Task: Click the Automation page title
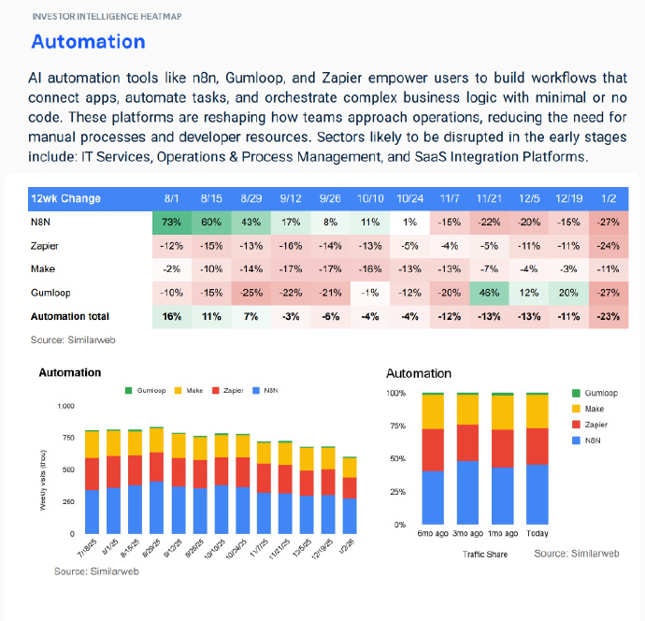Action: click(88, 41)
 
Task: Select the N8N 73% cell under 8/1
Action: click(170, 224)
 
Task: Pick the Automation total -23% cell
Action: click(608, 316)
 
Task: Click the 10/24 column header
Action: click(410, 199)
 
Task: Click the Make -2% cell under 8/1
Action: click(170, 270)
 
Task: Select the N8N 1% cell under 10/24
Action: click(410, 224)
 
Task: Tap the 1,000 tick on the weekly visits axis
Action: click(64, 406)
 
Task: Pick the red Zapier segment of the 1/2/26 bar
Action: click(349, 487)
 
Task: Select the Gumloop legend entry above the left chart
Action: click(150, 389)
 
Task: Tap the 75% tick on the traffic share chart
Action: click(396, 426)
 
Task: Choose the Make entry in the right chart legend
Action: click(595, 410)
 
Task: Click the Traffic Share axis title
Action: click(484, 554)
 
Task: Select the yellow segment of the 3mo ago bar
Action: click(468, 410)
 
